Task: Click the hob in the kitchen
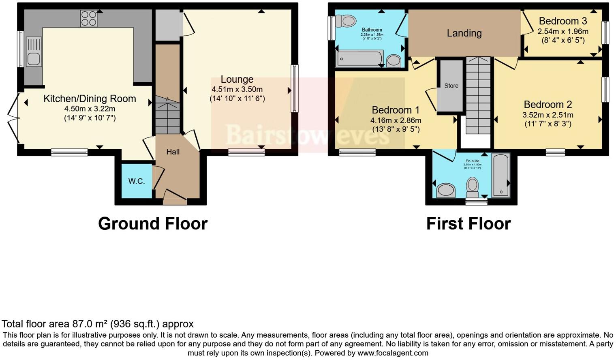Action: (89, 18)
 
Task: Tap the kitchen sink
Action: (34, 51)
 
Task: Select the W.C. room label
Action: (137, 181)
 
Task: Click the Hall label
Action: (173, 152)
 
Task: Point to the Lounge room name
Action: (237, 79)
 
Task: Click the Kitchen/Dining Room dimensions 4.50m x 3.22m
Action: (90, 109)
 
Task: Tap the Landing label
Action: (464, 33)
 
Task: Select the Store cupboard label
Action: (451, 86)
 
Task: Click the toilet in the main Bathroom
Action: (346, 21)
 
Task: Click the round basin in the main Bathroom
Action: (394, 61)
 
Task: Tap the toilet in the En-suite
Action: (473, 186)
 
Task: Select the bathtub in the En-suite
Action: (500, 175)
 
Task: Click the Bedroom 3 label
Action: (563, 21)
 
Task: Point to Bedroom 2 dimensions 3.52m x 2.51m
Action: (548, 115)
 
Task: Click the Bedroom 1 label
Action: (396, 110)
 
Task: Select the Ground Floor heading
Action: (153, 224)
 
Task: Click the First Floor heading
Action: (468, 224)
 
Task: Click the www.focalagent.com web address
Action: (393, 353)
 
